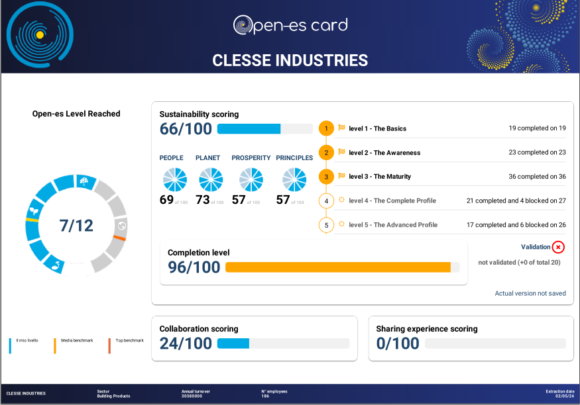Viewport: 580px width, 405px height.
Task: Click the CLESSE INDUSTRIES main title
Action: click(290, 60)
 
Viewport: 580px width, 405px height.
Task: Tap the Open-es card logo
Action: click(290, 25)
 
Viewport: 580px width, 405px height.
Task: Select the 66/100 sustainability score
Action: click(186, 129)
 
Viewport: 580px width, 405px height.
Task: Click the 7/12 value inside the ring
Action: click(76, 226)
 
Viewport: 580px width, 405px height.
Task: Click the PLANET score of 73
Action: click(203, 200)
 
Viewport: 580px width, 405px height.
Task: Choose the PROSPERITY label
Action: click(251, 158)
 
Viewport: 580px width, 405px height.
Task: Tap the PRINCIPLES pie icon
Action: click(294, 179)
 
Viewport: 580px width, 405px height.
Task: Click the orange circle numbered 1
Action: click(326, 128)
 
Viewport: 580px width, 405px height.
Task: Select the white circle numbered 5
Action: click(326, 225)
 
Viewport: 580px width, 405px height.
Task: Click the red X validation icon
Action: click(558, 247)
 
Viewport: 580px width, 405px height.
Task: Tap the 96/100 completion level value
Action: click(194, 267)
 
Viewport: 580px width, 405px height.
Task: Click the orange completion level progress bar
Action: click(338, 267)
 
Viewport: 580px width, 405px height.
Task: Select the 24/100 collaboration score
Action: click(186, 343)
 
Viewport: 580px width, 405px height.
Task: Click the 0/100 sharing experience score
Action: click(398, 343)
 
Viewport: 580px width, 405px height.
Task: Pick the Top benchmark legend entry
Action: click(129, 340)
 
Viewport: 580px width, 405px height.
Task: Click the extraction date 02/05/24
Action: click(558, 396)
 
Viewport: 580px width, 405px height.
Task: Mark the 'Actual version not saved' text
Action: click(530, 293)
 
